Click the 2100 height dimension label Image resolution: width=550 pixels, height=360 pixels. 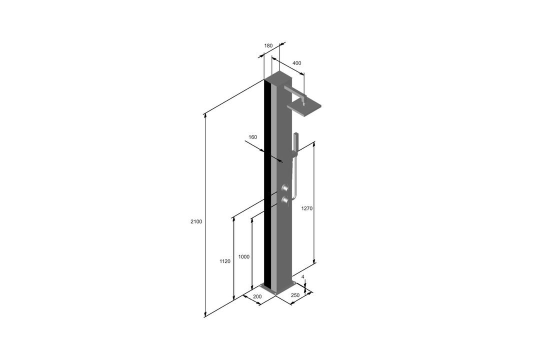[196, 221]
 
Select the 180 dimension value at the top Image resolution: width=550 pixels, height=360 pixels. [268, 45]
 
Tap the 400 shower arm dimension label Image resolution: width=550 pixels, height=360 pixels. [296, 63]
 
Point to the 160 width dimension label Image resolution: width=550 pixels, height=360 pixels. [252, 137]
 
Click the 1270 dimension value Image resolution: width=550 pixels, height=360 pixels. [306, 208]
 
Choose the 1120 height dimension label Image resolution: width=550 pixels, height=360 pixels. [225, 261]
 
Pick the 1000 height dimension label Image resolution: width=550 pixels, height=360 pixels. [244, 257]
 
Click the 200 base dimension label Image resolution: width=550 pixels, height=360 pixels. [257, 296]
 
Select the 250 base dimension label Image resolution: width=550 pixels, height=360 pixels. [295, 295]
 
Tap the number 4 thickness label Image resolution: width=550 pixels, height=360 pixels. [302, 277]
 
